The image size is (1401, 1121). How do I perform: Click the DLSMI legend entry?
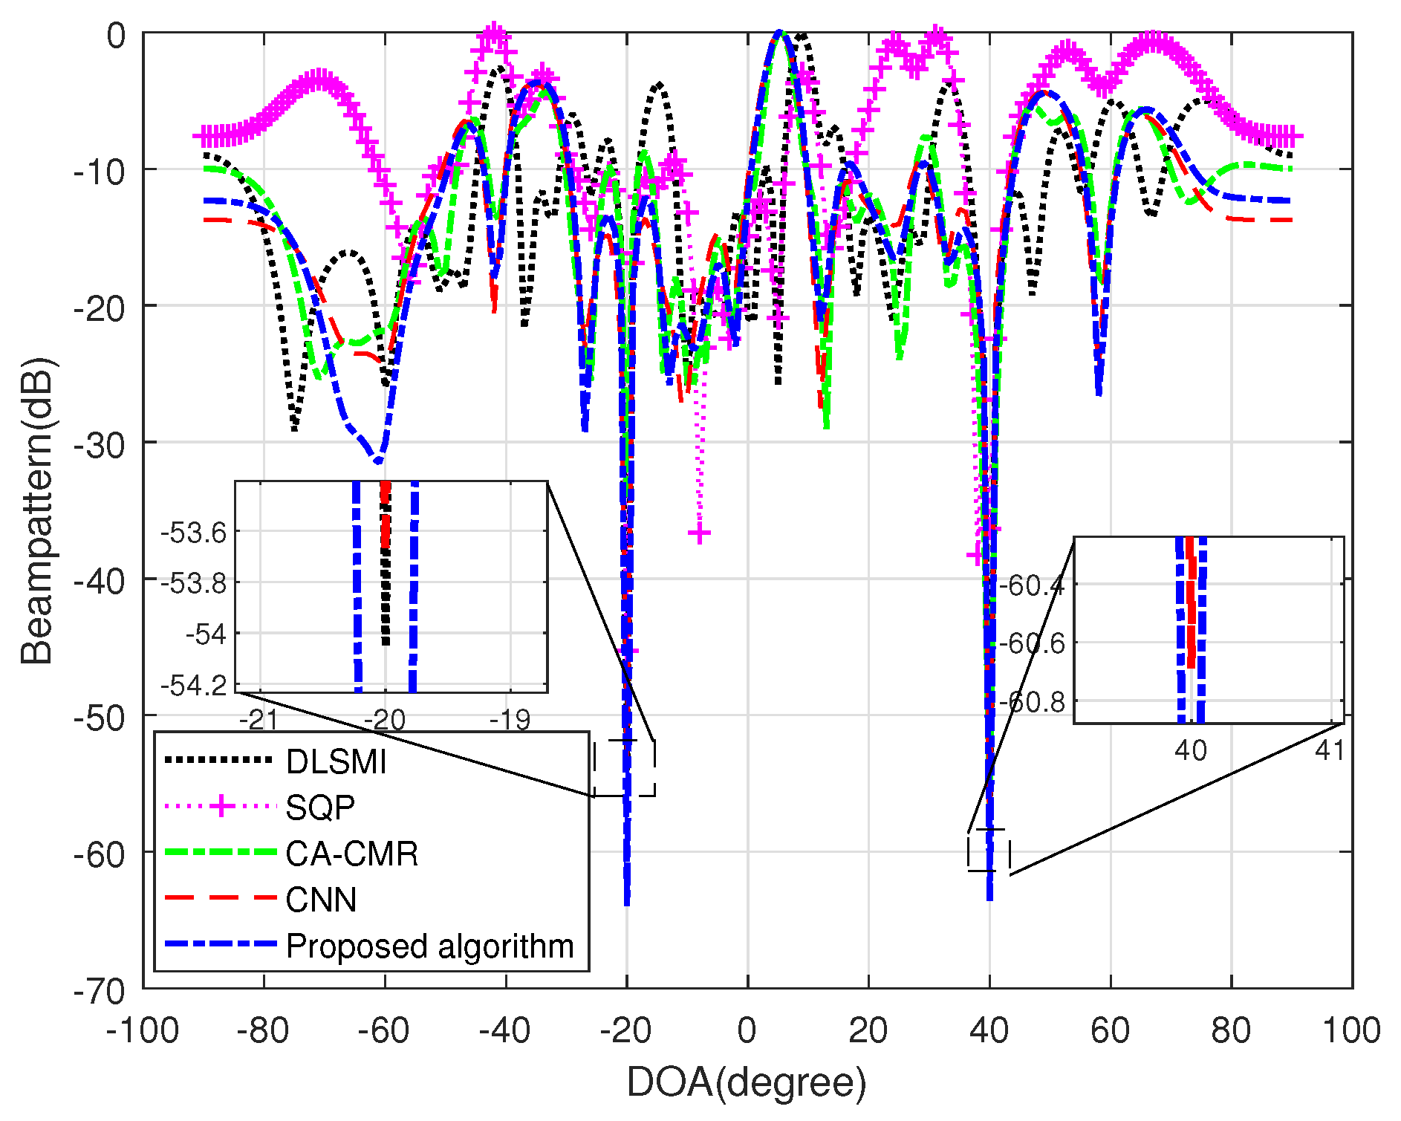tap(336, 762)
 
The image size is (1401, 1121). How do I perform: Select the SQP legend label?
tap(320, 808)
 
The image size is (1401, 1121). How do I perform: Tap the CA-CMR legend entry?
tap(351, 854)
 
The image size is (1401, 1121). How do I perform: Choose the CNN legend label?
tap(321, 900)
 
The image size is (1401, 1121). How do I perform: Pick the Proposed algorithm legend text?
tap(429, 946)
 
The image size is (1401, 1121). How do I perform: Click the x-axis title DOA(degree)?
tap(747, 1082)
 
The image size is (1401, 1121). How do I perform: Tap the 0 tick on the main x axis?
tap(747, 1031)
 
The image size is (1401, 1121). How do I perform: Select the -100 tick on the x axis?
tap(143, 1031)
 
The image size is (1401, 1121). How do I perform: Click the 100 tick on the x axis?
tap(1351, 1031)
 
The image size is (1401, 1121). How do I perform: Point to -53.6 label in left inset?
tap(193, 533)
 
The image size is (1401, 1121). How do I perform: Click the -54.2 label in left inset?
tap(193, 685)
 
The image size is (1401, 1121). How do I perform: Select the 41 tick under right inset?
tap(1329, 750)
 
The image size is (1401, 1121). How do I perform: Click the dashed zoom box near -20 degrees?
tap(624, 768)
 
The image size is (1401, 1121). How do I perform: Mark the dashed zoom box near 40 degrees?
tap(989, 850)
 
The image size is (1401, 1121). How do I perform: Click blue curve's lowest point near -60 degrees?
tap(378, 461)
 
